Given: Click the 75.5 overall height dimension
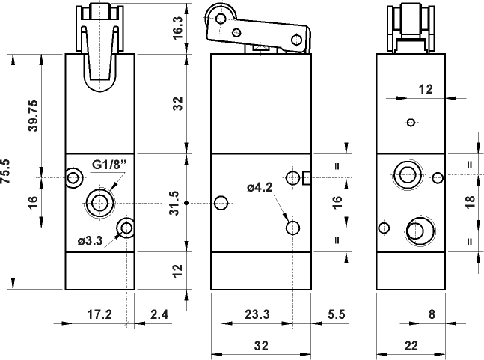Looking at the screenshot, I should [x=7, y=171].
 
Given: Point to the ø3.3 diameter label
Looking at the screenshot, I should [x=89, y=240].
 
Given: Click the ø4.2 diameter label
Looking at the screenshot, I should [x=261, y=188].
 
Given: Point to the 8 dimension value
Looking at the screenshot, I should [x=431, y=314].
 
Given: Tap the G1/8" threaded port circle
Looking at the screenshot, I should [x=98, y=201].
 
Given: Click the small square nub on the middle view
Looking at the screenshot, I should [x=307, y=177].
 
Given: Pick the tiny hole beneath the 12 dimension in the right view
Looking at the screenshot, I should [x=409, y=123].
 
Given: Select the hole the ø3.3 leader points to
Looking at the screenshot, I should [x=126, y=227].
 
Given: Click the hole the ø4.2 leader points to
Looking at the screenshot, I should [x=292, y=227].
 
